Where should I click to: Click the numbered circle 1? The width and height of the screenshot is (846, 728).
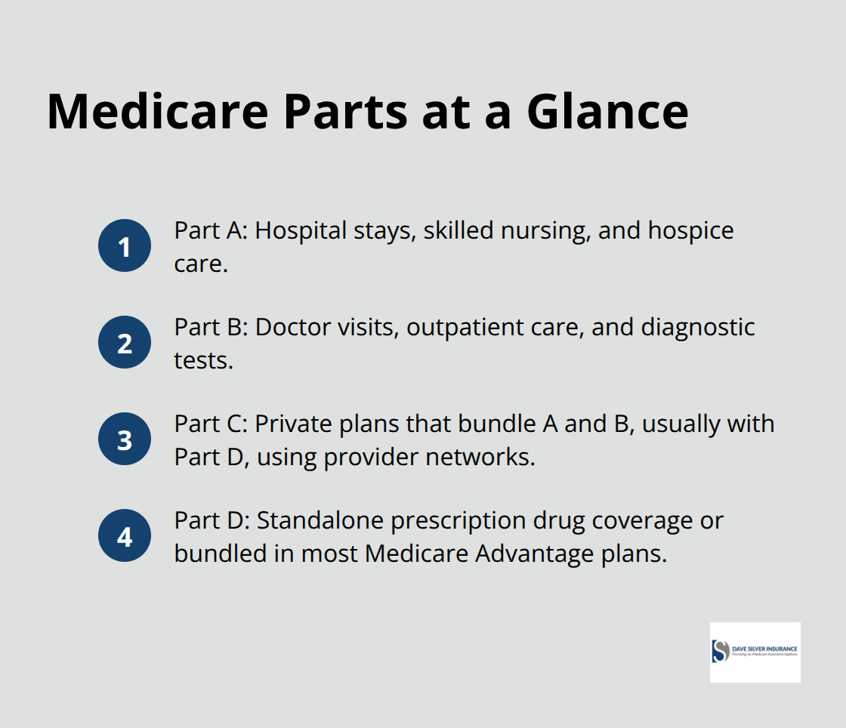coord(125,245)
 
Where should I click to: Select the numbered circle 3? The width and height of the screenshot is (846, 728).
coord(125,439)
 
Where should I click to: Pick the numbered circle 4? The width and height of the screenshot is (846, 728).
coord(125,536)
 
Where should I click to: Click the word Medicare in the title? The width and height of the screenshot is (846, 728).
coord(157,111)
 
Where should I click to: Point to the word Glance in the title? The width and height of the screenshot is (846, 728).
coord(607,111)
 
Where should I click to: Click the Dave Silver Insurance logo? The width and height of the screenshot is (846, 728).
coord(755,652)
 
